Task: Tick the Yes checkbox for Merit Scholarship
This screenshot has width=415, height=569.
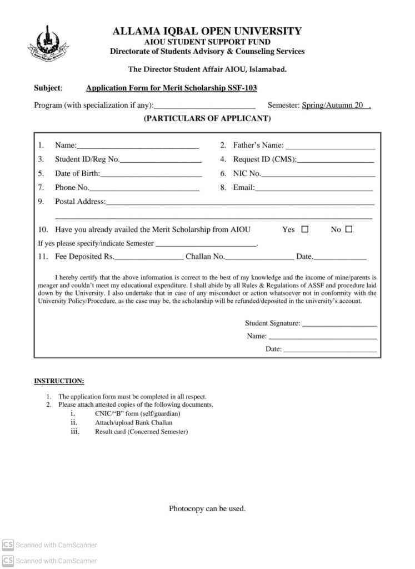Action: (x=304, y=229)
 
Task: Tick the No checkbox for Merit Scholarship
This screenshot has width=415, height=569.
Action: (x=349, y=229)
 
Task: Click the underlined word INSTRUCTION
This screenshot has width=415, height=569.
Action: (x=59, y=381)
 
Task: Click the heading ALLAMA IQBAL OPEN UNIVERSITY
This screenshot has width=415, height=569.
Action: (x=207, y=31)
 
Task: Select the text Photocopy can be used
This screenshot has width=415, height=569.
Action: (x=207, y=508)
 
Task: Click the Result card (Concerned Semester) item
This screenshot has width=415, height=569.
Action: (x=141, y=432)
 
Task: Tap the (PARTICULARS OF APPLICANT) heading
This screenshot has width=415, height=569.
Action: (x=207, y=118)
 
